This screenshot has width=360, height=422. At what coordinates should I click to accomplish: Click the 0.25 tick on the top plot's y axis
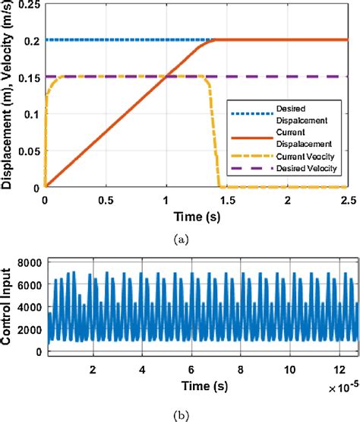30,7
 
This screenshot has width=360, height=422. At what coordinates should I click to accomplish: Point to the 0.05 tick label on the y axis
30,151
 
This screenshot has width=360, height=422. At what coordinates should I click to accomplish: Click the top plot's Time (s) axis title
196,217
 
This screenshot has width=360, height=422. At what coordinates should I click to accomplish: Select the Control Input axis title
10,307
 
